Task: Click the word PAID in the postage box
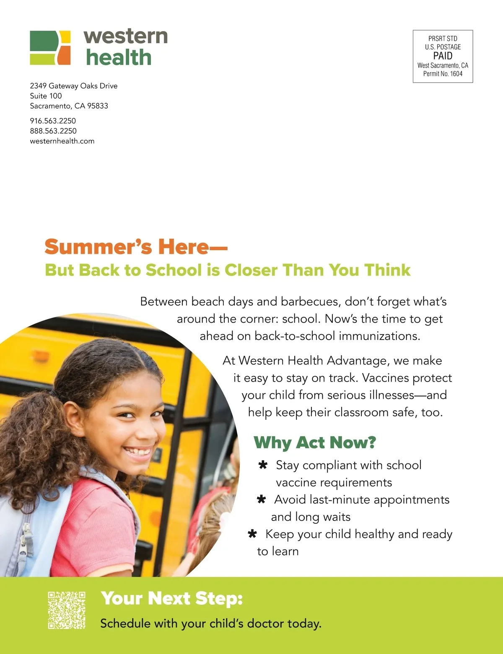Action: tap(443, 56)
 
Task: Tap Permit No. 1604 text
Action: tap(443, 74)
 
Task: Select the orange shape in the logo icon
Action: tap(64, 55)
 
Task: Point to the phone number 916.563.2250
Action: tap(53, 121)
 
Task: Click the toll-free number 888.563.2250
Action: tap(53, 131)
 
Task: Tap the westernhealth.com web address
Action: tap(62, 141)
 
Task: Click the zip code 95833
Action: tap(98, 106)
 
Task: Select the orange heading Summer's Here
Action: tap(136, 247)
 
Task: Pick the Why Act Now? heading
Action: tap(315, 442)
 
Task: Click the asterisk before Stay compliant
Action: tap(263, 465)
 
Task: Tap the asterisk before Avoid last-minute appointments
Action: tap(261, 500)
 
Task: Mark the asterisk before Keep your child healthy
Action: tap(252, 534)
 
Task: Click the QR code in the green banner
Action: tap(67, 610)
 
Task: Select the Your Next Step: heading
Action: tap(172, 598)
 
